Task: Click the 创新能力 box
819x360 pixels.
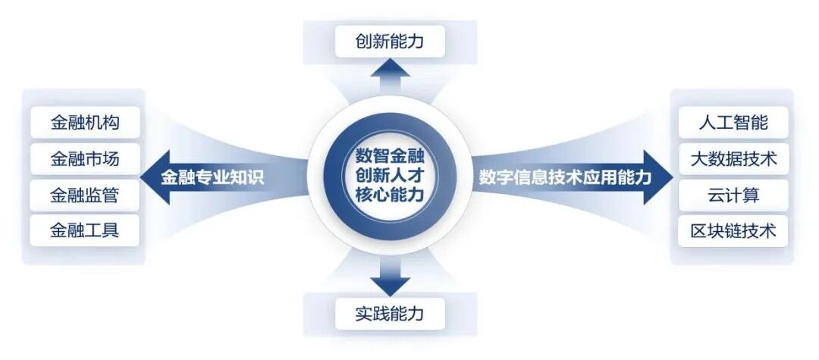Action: coord(390,41)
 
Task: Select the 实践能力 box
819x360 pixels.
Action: coord(390,313)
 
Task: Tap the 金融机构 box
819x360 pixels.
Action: coord(85,123)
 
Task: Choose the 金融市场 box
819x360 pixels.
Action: coord(85,159)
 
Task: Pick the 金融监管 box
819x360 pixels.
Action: coord(85,195)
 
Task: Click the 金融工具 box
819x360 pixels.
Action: coord(85,230)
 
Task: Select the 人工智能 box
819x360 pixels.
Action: coord(733,123)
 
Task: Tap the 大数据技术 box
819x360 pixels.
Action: coord(733,159)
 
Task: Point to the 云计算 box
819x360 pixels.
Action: coord(733,195)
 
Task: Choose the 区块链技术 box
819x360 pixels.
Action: coord(733,230)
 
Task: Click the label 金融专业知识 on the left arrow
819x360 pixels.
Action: coord(217,177)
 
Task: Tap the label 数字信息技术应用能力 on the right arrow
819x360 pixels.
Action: coord(565,177)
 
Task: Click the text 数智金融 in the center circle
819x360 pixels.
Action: coord(390,158)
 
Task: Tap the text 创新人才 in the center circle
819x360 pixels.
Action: coord(390,176)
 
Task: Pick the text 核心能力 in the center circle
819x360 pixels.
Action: coord(390,195)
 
